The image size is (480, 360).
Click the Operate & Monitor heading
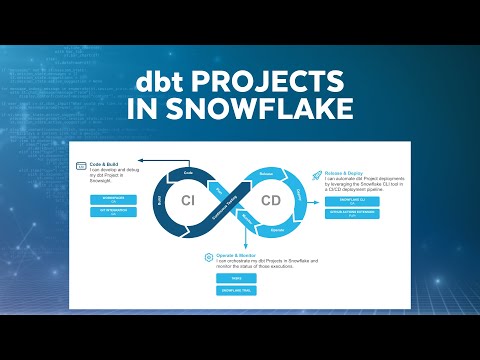241,255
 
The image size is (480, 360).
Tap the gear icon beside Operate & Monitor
208,257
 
